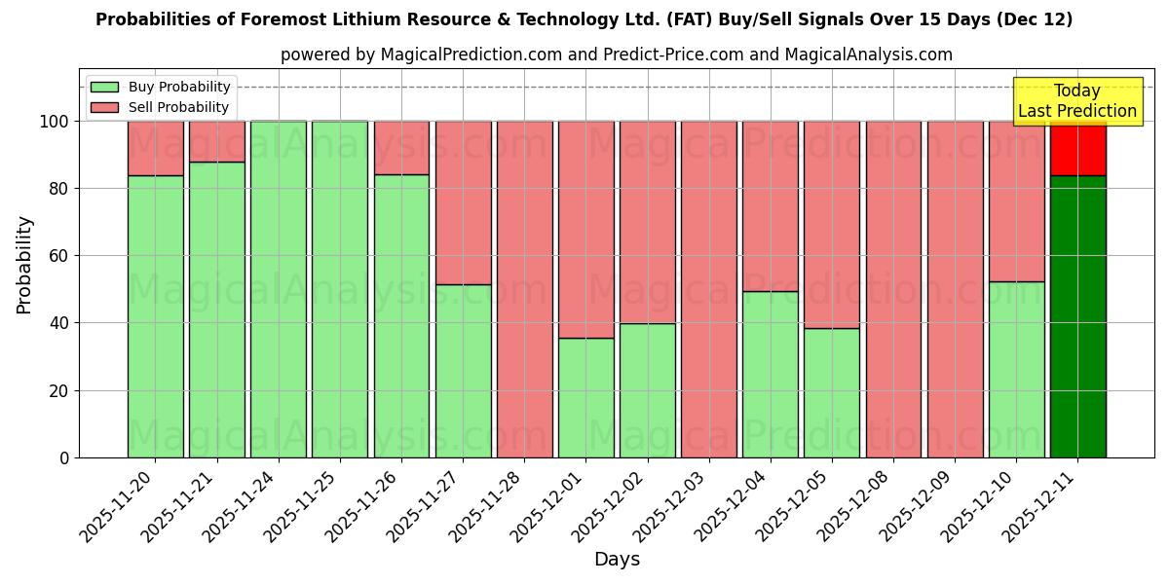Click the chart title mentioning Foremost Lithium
point(584,19)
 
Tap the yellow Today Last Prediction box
point(1076,101)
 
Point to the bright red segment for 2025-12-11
point(1077,148)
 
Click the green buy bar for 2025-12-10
point(1016,370)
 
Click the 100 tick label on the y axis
point(55,122)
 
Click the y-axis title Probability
point(24,264)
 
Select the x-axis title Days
point(617,560)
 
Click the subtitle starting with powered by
point(616,55)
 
